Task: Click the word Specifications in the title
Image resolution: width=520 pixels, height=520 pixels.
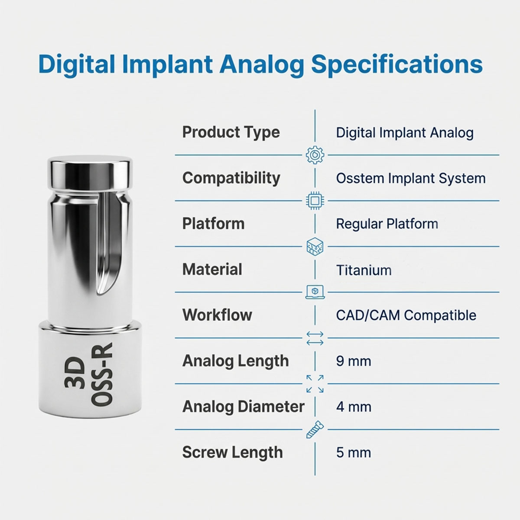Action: (x=396, y=64)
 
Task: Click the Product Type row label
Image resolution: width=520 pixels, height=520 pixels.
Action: (x=231, y=132)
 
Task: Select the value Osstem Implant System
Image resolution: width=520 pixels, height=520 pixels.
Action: (x=410, y=178)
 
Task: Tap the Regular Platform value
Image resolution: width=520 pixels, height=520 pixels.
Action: (x=387, y=224)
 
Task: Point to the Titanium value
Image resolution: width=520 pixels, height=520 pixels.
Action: (x=364, y=270)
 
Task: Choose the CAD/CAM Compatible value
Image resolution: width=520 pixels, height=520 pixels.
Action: (x=406, y=315)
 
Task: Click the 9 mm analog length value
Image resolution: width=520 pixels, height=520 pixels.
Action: (x=353, y=361)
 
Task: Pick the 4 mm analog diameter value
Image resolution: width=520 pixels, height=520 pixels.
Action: (x=353, y=407)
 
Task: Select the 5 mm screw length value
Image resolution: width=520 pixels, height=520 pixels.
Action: (x=353, y=453)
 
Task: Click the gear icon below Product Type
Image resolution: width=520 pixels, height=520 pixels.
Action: (x=315, y=155)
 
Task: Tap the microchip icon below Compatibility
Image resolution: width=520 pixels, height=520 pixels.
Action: (x=315, y=201)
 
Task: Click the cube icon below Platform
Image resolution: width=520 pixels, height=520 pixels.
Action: (x=315, y=247)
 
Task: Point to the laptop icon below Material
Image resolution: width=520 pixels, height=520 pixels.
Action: (x=315, y=292)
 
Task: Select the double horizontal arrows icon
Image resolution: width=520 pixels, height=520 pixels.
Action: (x=315, y=338)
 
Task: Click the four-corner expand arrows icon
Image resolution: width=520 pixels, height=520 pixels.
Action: (x=315, y=384)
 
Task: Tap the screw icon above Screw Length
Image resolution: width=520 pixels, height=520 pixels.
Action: (x=315, y=429)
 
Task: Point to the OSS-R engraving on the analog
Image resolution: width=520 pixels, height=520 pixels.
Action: (x=102, y=374)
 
